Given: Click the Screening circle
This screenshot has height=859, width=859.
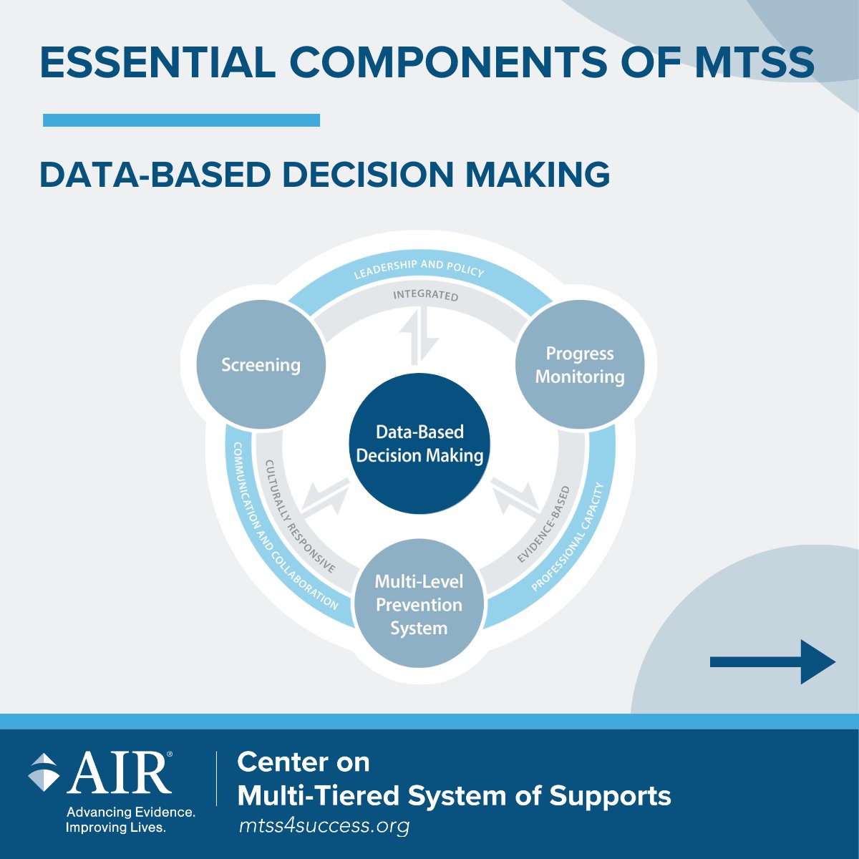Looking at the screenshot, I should pos(261,365).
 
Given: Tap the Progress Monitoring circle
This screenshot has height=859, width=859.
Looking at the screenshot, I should pos(580,365).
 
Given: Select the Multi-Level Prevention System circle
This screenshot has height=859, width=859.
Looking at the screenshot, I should pos(419,604).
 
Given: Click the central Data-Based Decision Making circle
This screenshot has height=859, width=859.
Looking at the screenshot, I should pos(419,444).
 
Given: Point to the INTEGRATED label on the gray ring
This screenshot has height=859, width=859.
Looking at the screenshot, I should pos(425,295).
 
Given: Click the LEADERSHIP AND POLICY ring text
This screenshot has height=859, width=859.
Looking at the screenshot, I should pos(419,268).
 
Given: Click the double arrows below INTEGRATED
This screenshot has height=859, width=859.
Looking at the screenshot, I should pos(419,336).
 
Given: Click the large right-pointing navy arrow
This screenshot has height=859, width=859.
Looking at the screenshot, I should pos(773,662).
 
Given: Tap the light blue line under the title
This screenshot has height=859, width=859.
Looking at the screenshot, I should pos(181,120).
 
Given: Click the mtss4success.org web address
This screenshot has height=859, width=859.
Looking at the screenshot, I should pos(324,826).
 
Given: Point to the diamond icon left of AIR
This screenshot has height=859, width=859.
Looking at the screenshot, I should pos(44,772).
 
